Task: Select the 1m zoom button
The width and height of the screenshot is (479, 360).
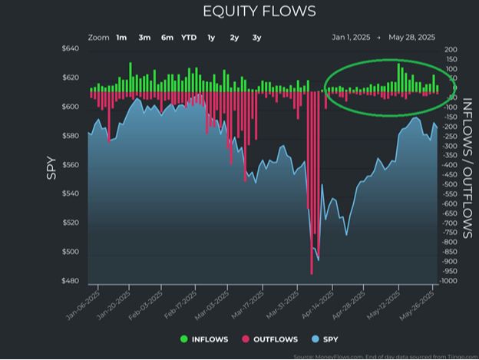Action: (x=122, y=37)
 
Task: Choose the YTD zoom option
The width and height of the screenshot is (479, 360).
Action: (x=188, y=37)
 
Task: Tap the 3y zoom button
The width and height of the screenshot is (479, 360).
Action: (x=256, y=37)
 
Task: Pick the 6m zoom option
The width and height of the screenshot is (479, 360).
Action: (x=167, y=37)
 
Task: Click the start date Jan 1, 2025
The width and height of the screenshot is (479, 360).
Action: (x=351, y=37)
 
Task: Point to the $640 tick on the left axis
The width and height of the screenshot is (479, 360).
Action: (x=70, y=49)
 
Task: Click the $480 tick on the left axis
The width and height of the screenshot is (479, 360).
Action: (x=70, y=281)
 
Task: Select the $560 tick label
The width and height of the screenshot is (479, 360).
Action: (x=70, y=165)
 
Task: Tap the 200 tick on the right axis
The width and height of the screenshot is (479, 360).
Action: (x=451, y=49)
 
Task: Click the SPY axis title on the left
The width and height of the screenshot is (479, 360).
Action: (x=51, y=168)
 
